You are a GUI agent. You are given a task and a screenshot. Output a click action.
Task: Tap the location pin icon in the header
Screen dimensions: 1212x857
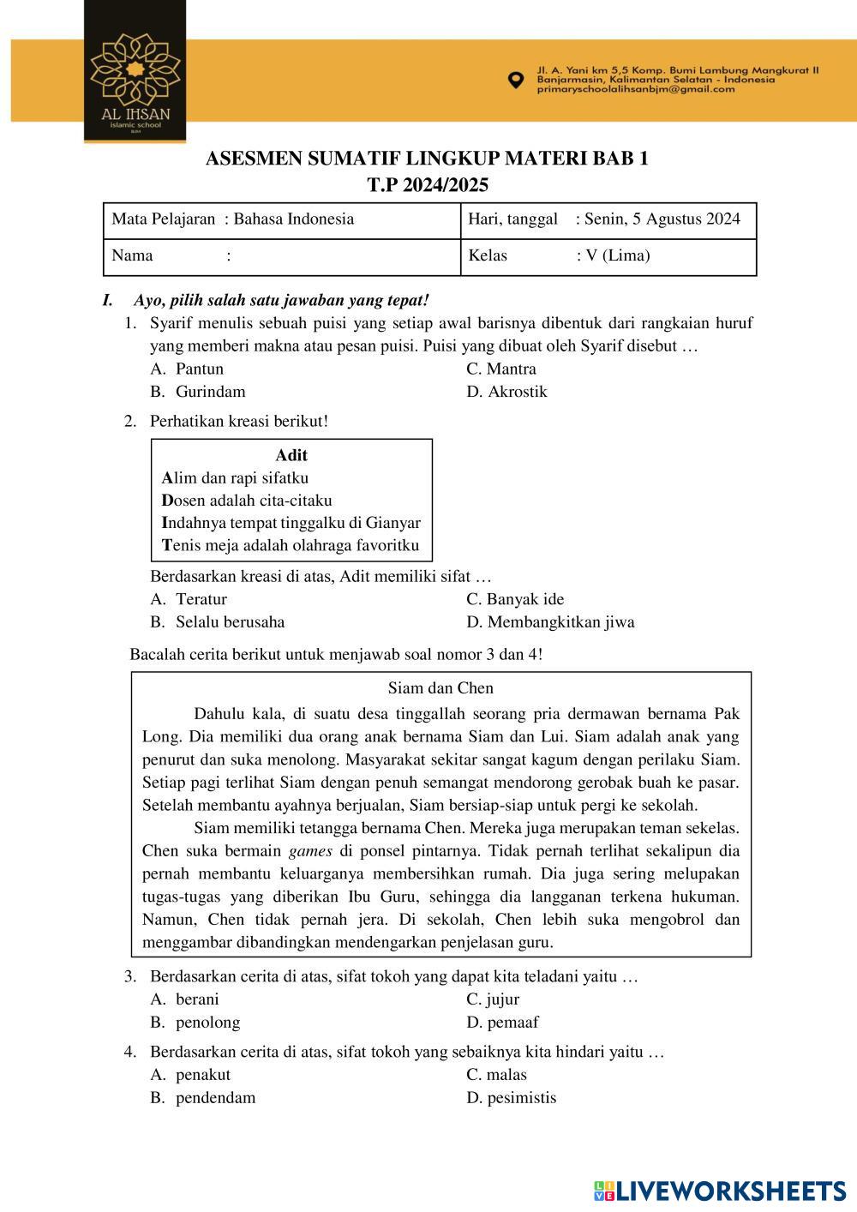[x=515, y=80]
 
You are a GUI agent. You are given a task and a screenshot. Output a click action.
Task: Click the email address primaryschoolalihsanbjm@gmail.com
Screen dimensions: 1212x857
[x=636, y=89]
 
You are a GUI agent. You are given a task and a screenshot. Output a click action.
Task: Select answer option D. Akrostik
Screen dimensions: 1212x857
[x=506, y=392]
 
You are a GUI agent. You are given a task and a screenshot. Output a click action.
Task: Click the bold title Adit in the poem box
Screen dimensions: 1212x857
[x=291, y=455]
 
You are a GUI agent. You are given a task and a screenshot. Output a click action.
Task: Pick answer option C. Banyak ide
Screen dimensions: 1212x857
[x=515, y=599]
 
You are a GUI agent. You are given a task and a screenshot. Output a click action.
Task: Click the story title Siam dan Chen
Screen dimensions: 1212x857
[x=440, y=688]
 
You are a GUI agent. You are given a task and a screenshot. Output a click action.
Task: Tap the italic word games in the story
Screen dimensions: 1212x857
[x=310, y=851]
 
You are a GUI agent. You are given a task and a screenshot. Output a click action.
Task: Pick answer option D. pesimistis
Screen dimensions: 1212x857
[x=511, y=1098]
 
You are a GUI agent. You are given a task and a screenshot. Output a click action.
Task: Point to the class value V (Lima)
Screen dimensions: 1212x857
[x=617, y=255]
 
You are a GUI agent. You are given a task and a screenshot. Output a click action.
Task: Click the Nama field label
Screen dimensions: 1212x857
[x=133, y=255]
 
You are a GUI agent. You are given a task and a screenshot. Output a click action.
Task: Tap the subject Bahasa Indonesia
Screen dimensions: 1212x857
[x=294, y=219]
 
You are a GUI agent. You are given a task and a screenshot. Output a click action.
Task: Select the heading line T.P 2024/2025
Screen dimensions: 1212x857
[x=428, y=184]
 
